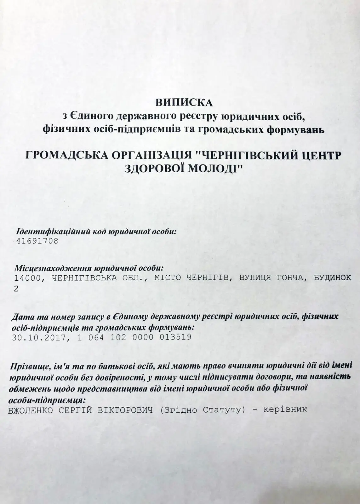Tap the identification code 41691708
pos(37,242)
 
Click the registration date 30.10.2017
pos(37,337)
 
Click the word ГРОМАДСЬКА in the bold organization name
pos(63,155)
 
